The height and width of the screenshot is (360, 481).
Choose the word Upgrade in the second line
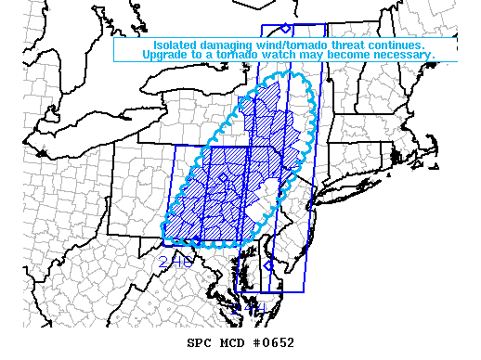(167, 56)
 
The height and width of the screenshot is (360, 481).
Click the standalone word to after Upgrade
(201, 56)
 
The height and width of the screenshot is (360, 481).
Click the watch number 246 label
(175, 263)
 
